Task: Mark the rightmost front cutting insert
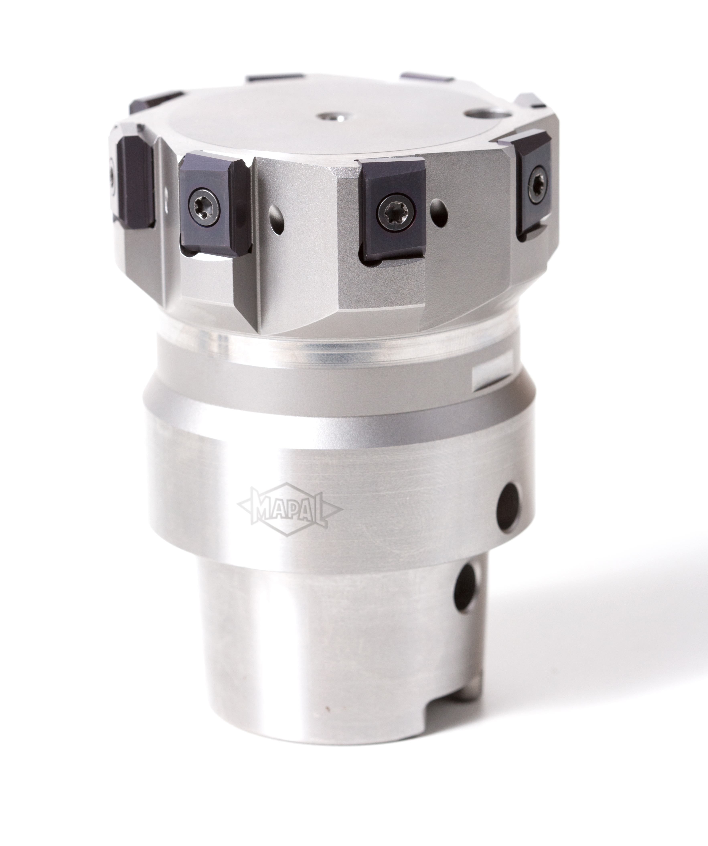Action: [532, 185]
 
